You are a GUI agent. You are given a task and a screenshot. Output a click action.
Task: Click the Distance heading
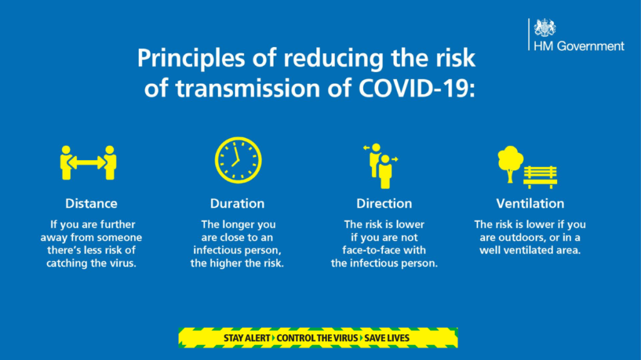tap(91, 203)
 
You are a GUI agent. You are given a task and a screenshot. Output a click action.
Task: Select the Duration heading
tap(237, 203)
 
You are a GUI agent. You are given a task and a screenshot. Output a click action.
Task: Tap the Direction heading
tap(384, 203)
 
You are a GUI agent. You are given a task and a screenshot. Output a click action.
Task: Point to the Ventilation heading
tap(530, 203)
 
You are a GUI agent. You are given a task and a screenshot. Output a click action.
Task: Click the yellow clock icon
tap(238, 160)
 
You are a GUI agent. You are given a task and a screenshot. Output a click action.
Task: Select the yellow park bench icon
tap(540, 176)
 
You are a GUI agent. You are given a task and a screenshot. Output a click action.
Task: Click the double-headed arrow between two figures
tap(87, 163)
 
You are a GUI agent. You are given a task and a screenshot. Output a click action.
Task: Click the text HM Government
tap(578, 46)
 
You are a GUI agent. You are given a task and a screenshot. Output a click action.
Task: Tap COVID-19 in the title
tap(423, 88)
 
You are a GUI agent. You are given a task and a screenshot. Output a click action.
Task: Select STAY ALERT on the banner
tap(248, 338)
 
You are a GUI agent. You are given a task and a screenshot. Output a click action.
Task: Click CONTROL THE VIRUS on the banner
tap(317, 338)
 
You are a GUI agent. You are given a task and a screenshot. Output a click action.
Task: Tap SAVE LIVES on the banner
tap(387, 338)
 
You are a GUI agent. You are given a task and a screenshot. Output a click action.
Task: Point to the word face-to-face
tap(384, 250)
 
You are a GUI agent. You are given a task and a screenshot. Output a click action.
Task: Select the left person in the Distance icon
tap(65, 162)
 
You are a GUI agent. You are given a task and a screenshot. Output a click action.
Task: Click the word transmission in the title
tap(240, 88)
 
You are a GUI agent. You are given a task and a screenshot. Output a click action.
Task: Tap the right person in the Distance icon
tap(110, 162)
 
